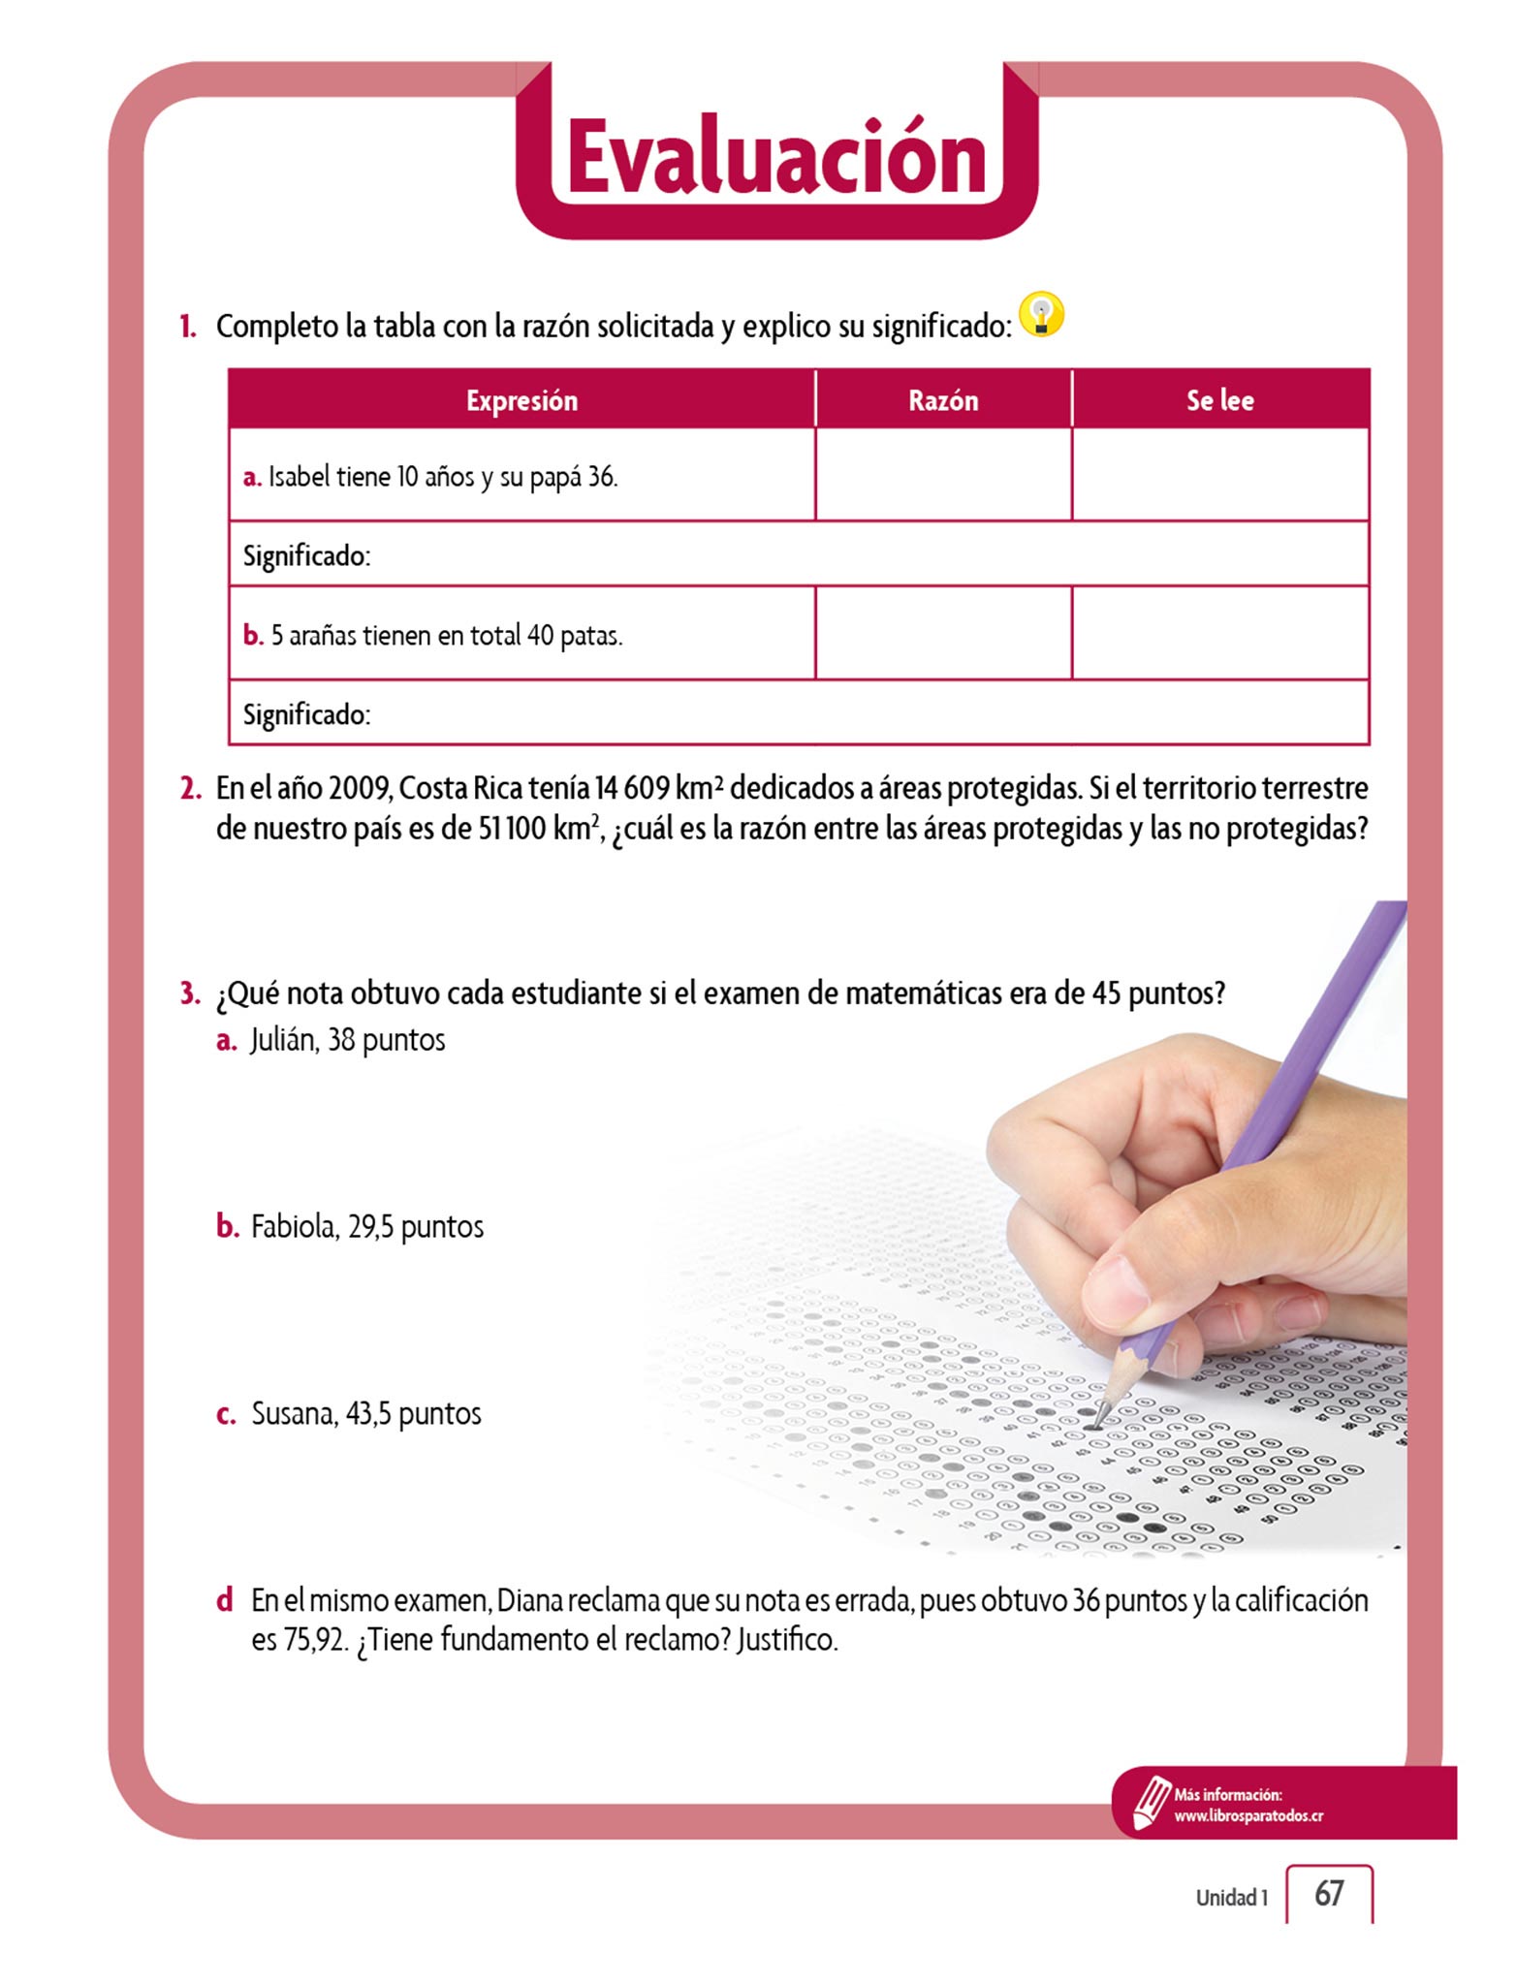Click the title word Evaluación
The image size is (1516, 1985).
click(776, 157)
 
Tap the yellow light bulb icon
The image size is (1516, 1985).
click(1042, 315)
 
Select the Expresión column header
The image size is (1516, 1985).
click(521, 400)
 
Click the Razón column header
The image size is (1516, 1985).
click(943, 400)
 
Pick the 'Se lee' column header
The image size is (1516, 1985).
click(1219, 400)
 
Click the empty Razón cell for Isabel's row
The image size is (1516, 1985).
click(943, 475)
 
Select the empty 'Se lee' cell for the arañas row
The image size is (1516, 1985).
click(1219, 633)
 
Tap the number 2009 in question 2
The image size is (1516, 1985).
click(359, 789)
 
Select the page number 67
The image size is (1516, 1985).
click(1329, 1893)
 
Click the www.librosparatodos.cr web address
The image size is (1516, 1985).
click(1248, 1816)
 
